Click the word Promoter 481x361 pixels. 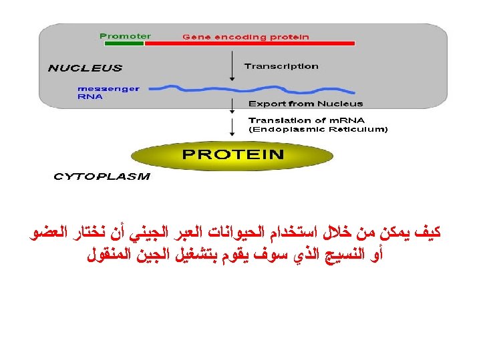pyautogui.click(x=125, y=35)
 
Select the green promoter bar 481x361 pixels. pyautogui.click(x=124, y=43)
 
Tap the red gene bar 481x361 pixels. pyautogui.click(x=249, y=43)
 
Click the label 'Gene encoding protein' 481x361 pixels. pyautogui.click(x=246, y=37)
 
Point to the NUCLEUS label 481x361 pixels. pyautogui.click(x=85, y=68)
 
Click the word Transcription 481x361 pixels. pyautogui.click(x=281, y=66)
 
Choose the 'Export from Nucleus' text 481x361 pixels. pyautogui.click(x=305, y=104)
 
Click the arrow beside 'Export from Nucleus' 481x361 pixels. pyautogui.click(x=231, y=104)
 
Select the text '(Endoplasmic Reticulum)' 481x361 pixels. pyautogui.click(x=317, y=129)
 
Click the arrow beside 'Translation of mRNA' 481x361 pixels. pyautogui.click(x=231, y=125)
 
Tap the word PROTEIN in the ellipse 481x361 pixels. pyautogui.click(x=233, y=154)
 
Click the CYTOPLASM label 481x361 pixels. pyautogui.click(x=102, y=177)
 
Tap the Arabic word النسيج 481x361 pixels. pyautogui.click(x=340, y=254)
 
